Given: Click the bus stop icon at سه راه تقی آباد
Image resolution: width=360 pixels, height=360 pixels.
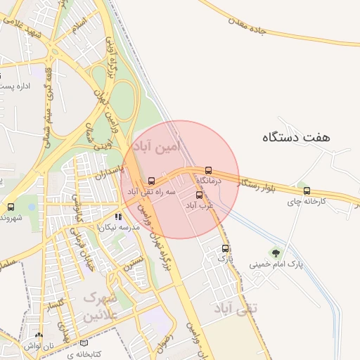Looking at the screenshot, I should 152,181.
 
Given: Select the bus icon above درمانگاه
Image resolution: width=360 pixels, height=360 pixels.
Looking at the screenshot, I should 208,170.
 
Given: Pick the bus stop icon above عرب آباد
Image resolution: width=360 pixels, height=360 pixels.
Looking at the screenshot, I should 199,195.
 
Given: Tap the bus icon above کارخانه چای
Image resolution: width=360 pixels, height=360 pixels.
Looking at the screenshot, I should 306,191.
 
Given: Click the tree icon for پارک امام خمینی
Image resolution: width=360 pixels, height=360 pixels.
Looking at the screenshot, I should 276,253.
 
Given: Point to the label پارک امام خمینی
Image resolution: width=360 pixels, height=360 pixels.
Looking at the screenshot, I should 276,265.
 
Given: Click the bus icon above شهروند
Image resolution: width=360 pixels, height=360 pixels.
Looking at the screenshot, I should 11,207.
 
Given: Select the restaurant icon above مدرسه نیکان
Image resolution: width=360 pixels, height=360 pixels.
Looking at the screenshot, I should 119,217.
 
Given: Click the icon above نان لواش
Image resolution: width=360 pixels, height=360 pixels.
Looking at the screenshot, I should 39,336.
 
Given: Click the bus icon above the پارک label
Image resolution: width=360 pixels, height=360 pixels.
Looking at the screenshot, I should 226,248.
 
